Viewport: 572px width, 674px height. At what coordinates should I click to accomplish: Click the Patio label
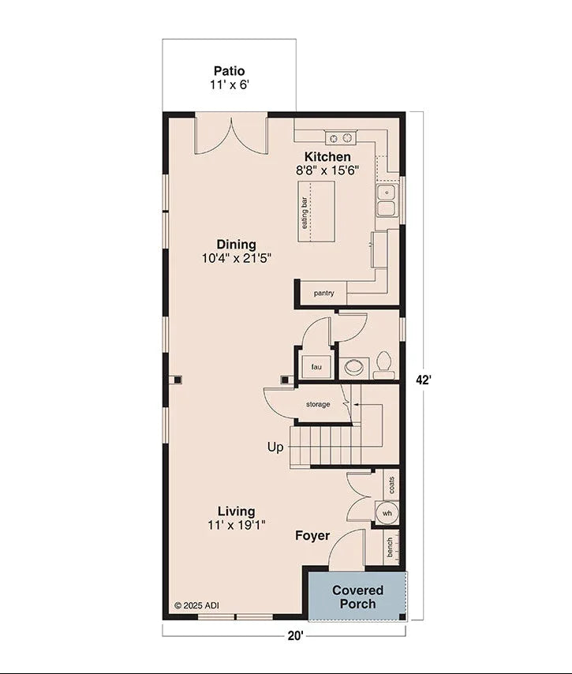pos(229,71)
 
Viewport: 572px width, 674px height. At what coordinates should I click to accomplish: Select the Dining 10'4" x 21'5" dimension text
pos(237,257)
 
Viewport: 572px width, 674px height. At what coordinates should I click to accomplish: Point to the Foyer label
pos(312,536)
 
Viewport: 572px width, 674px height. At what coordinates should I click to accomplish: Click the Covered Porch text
pos(357,597)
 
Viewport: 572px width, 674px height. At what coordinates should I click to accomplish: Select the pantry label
pos(323,294)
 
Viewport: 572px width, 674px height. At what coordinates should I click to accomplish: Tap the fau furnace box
pos(316,367)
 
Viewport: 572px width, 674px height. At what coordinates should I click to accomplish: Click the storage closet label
pos(318,405)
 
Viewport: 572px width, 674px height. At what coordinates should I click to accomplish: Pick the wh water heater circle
pos(387,513)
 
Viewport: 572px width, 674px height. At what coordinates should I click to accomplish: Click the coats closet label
pos(391,484)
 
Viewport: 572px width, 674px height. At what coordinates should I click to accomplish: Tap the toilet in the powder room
pos(383,362)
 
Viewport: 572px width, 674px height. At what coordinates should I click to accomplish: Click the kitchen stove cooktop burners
pos(341,138)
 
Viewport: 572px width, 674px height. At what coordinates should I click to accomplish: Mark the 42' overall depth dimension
pos(424,380)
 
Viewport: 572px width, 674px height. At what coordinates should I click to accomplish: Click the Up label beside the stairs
pos(275,447)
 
